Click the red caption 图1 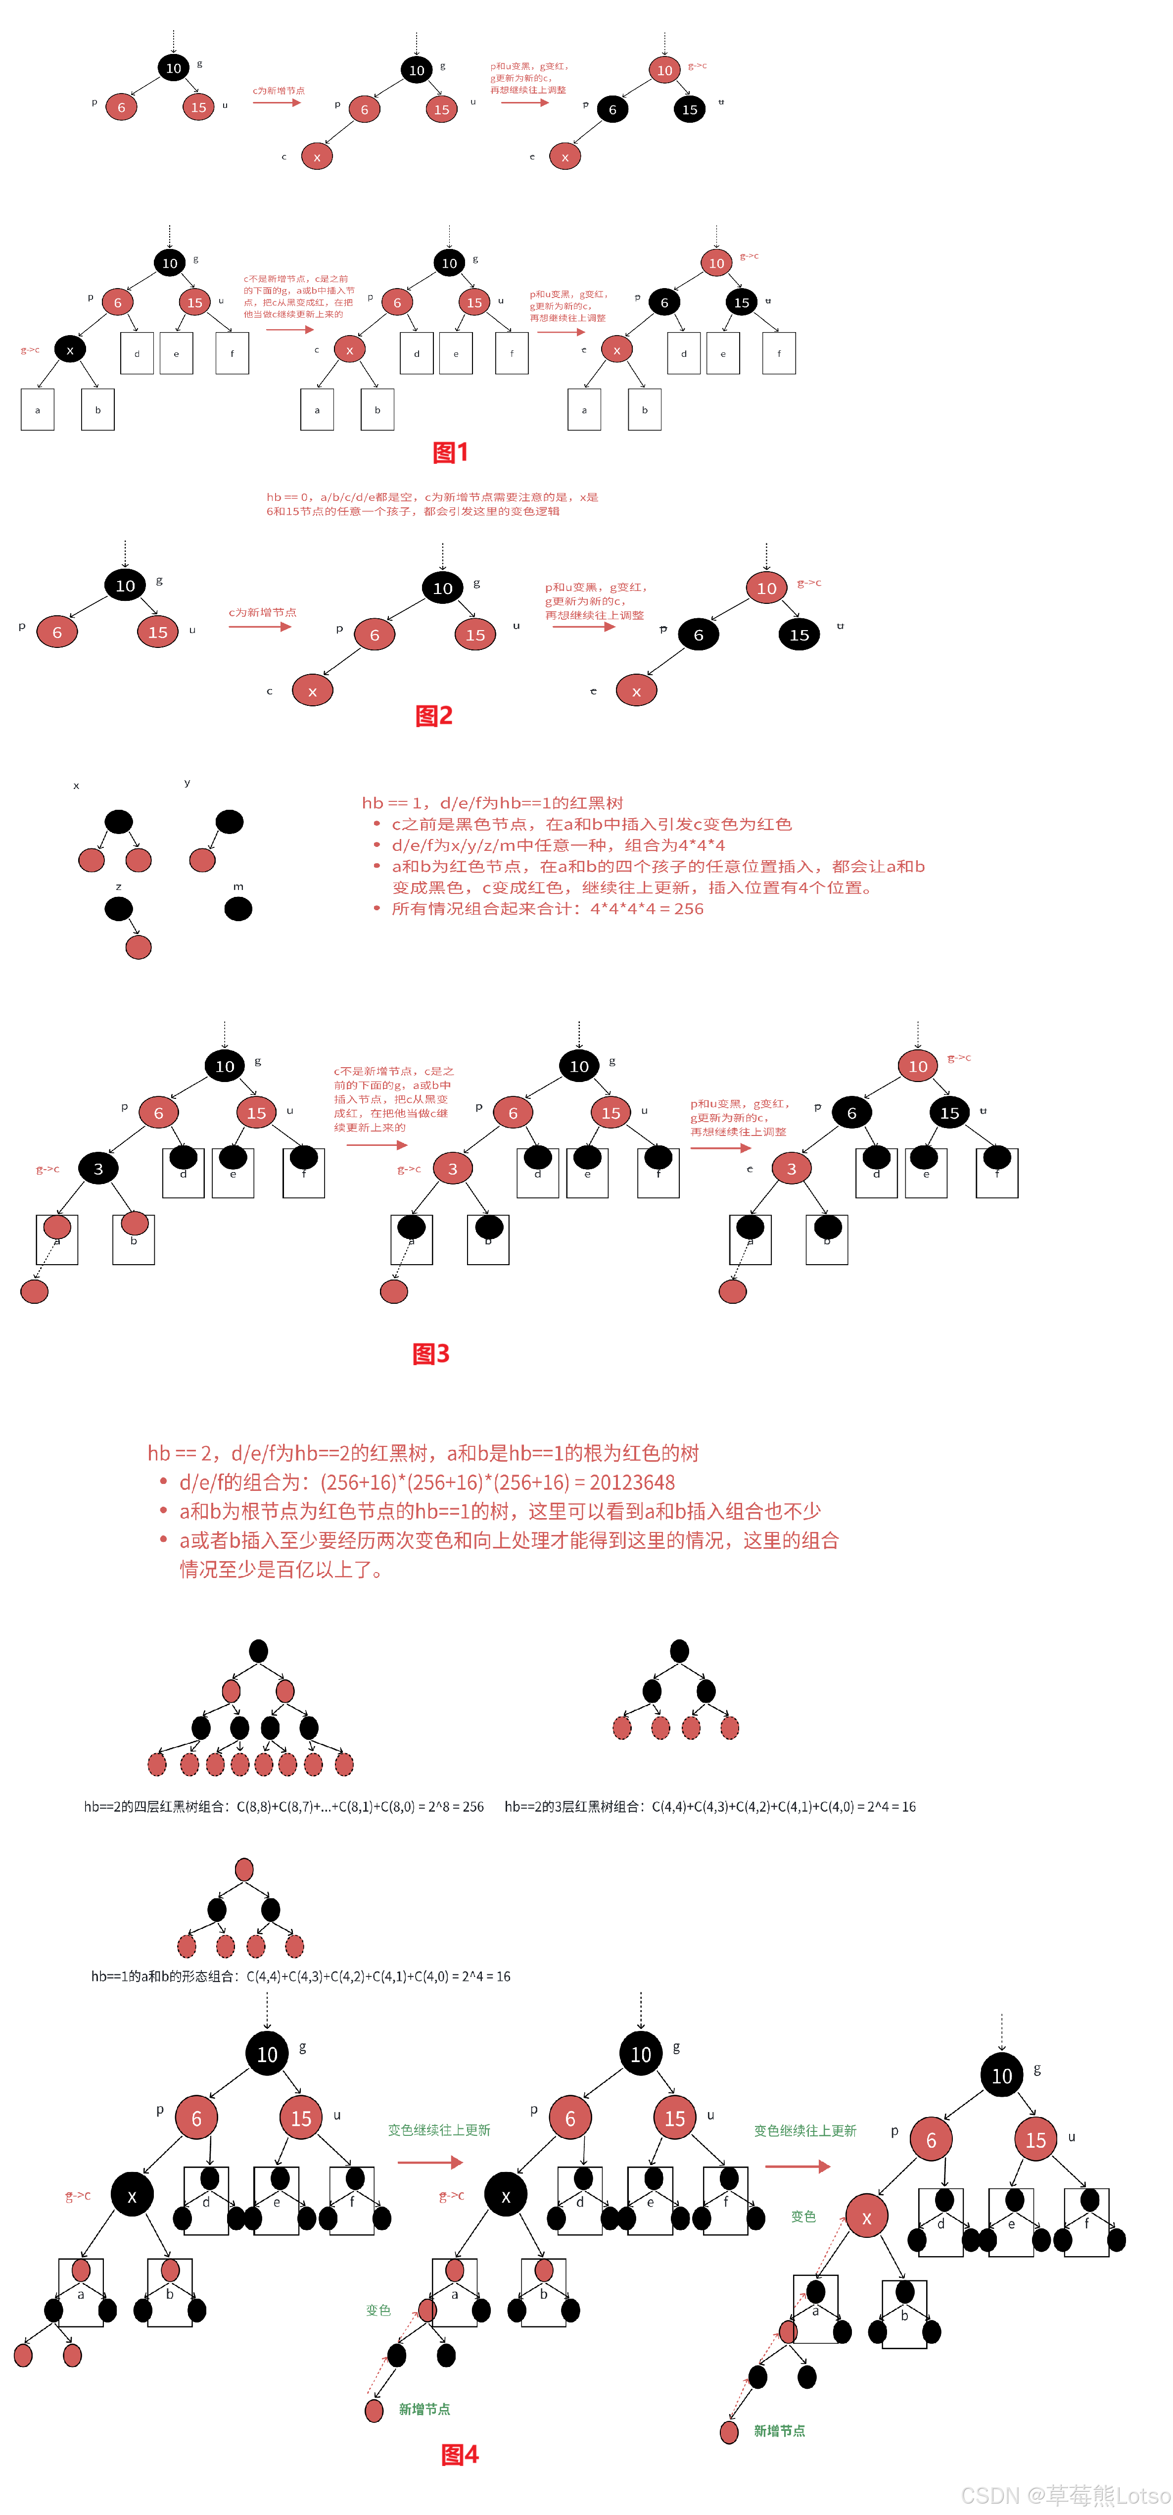coord(451,452)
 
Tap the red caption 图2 coord(434,716)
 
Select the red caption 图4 coord(460,2455)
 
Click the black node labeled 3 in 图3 coord(97,1169)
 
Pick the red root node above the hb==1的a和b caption coord(244,1870)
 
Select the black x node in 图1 coord(69,349)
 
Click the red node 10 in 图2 coord(767,588)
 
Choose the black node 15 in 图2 coord(799,635)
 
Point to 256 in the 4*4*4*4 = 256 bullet coord(688,909)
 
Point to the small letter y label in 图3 coord(188,782)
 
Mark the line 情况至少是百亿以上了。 coord(283,1570)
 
